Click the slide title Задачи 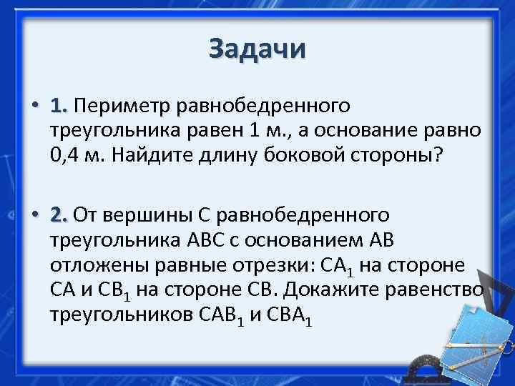(x=257, y=49)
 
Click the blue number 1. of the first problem (x=59, y=107)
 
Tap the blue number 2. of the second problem (x=59, y=214)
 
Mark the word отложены (x=92, y=265)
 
